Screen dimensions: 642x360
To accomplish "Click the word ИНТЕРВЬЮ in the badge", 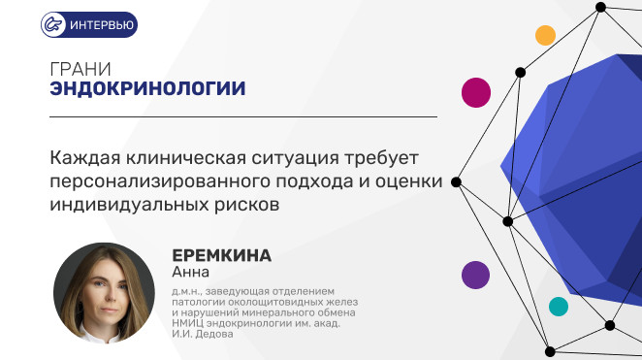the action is pos(102,25).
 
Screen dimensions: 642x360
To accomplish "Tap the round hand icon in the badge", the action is pos(53,24).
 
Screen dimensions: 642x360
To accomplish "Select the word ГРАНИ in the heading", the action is pos(80,69).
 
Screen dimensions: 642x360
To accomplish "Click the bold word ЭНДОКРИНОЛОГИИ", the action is pos(147,88).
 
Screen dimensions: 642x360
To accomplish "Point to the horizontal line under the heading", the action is pos(243,116).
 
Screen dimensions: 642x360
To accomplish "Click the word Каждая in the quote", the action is pos(84,158).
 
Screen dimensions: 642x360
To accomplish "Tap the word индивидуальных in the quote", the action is pos(129,205).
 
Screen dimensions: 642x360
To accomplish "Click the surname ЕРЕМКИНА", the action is pos(221,255).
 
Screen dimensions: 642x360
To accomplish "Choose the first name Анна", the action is pos(190,272).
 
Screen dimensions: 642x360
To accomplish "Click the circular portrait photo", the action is pos(104,293).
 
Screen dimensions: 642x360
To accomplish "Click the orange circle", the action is pos(545,35).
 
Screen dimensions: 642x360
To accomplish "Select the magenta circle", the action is pos(476,92).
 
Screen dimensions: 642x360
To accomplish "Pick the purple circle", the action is pos(476,276).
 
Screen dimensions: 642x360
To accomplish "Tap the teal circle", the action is pos(559,307).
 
